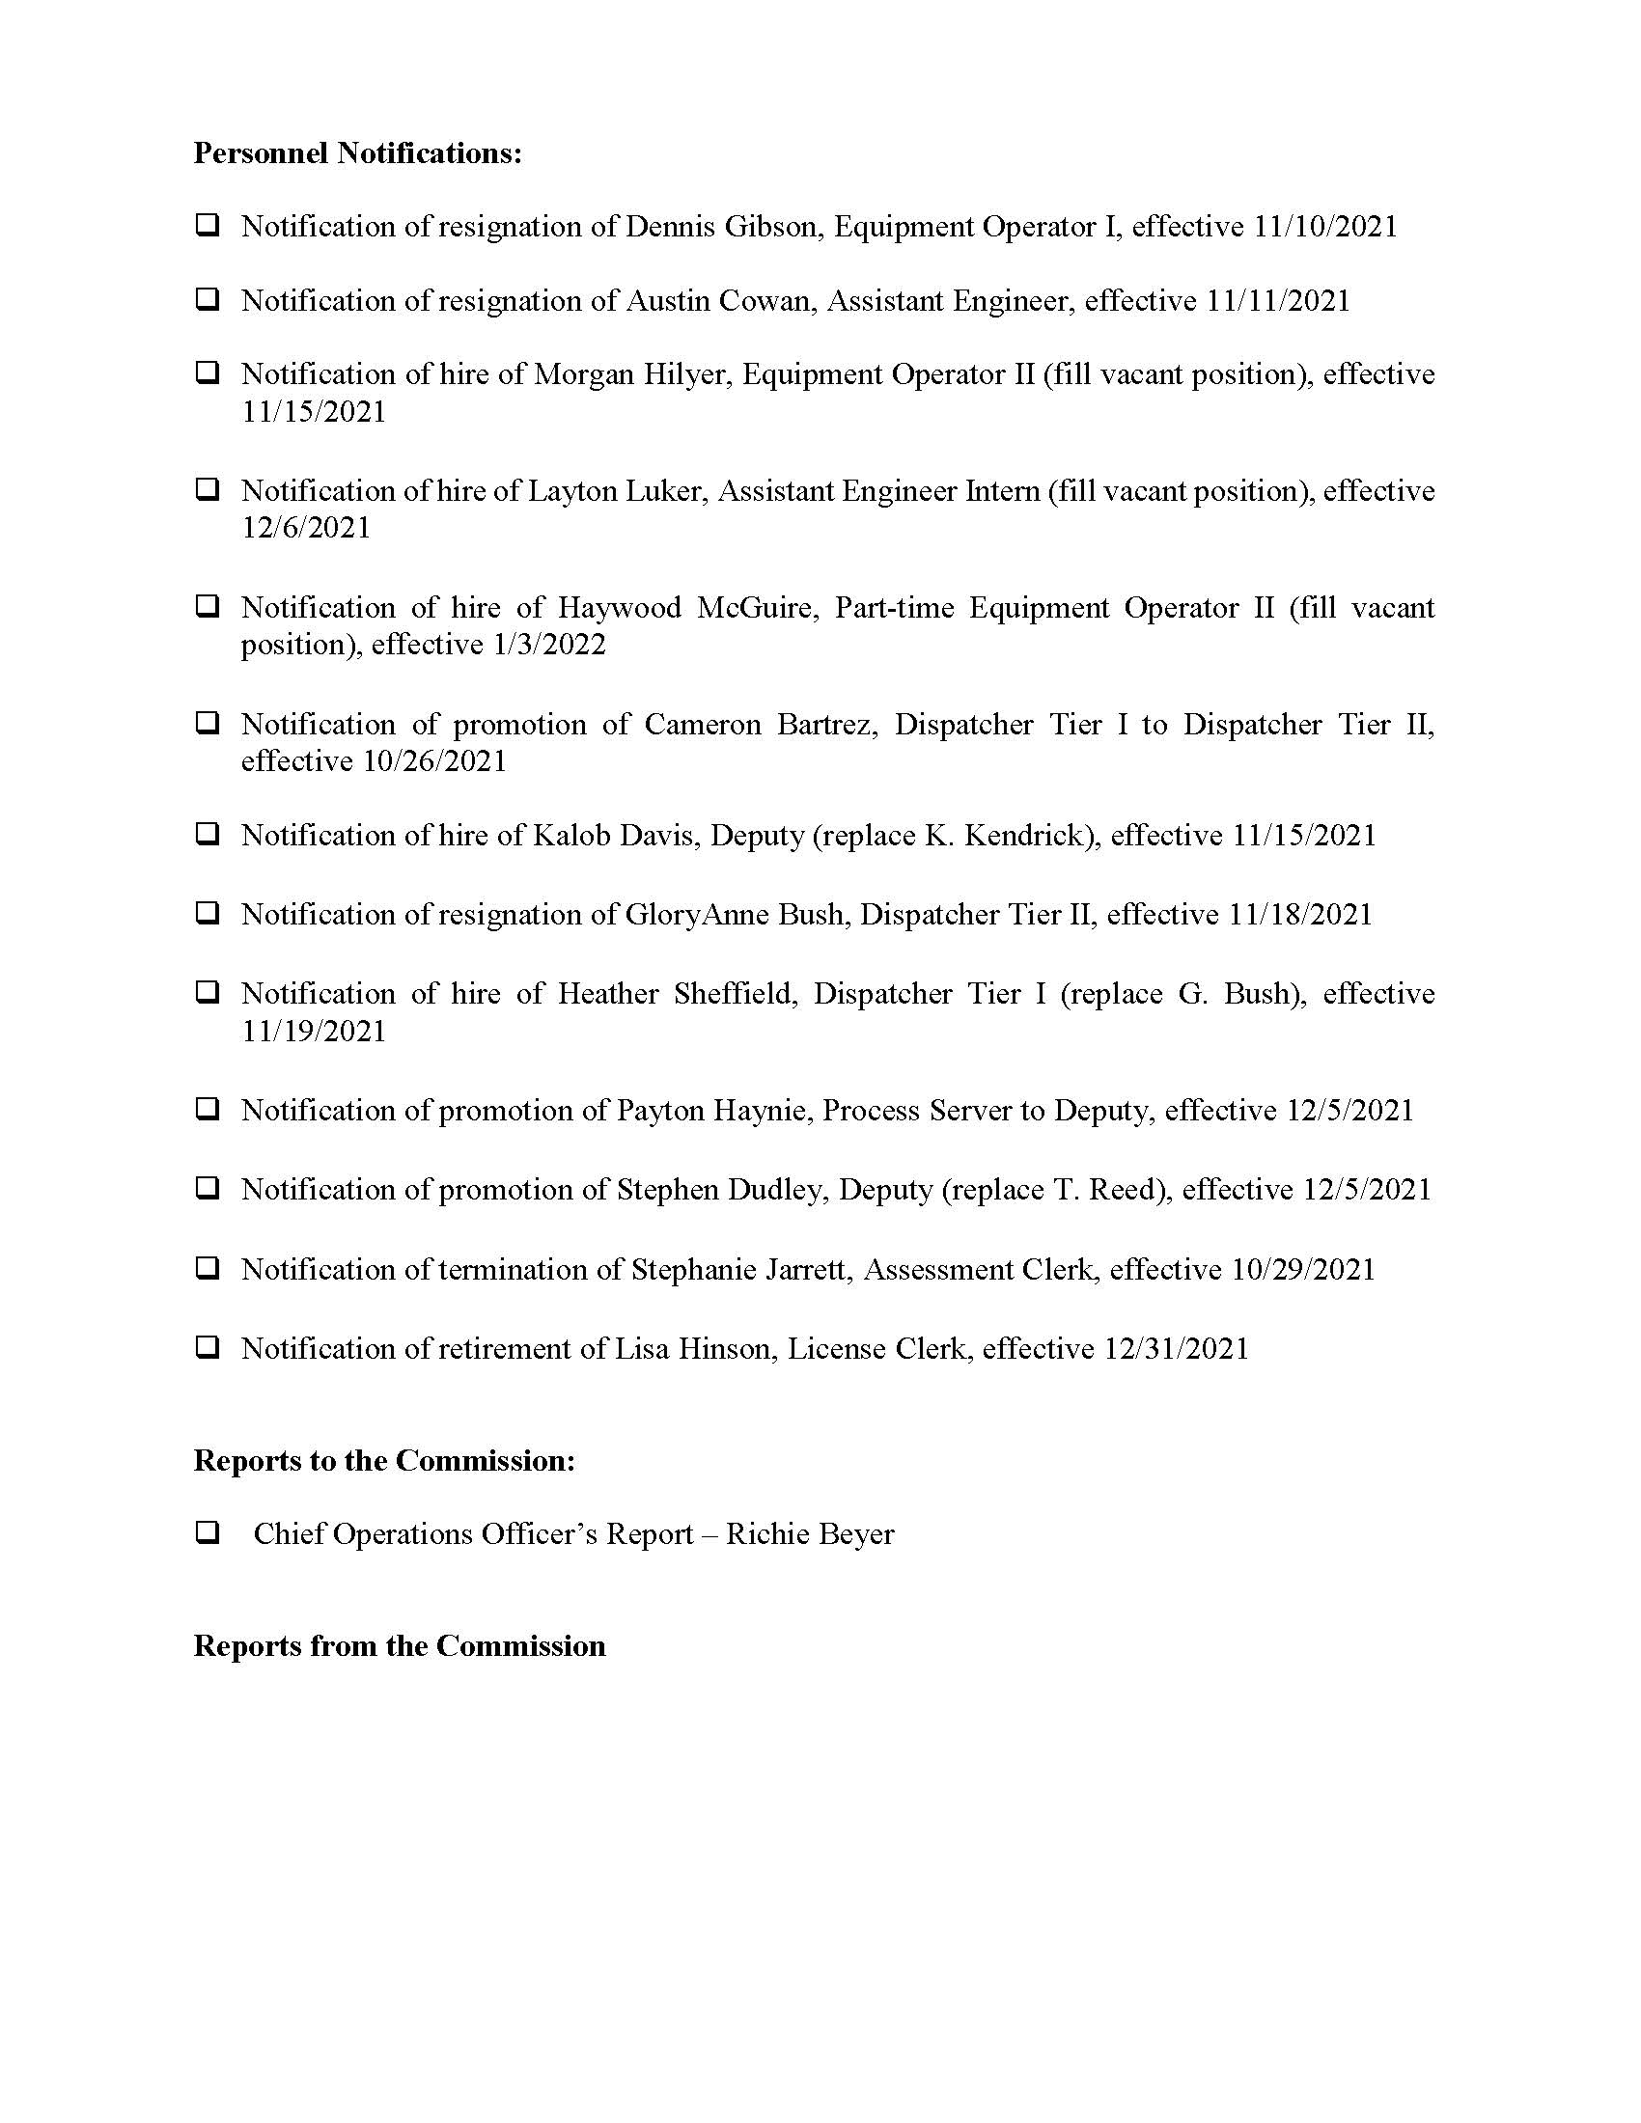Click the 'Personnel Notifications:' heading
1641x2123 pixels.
tap(358, 153)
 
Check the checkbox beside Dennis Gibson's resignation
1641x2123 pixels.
tap(208, 226)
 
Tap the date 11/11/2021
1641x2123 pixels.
tap(1278, 301)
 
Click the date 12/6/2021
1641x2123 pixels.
tap(306, 528)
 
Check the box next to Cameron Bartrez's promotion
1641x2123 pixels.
tap(208, 723)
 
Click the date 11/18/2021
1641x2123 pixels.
tap(1300, 915)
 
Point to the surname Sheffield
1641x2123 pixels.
tap(735, 994)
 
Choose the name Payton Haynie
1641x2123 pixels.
tap(713, 1111)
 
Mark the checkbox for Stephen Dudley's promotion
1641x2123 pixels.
tap(208, 1189)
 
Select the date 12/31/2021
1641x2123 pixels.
tap(1177, 1349)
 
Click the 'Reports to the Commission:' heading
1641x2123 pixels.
tap(384, 1461)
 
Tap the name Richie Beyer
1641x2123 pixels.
tap(810, 1535)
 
